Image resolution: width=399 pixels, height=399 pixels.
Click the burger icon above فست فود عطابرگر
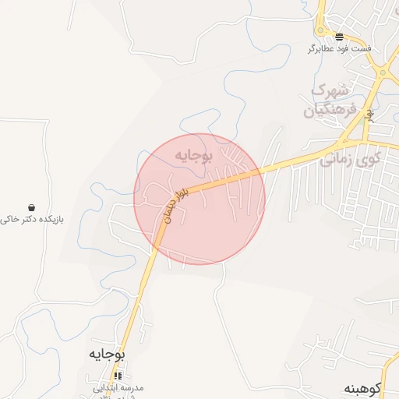pos(339,37)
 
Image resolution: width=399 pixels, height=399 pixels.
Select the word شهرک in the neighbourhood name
pos(330,90)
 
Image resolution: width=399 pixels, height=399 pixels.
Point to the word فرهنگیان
pos(330,110)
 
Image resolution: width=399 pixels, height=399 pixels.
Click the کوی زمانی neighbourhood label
pos(351,160)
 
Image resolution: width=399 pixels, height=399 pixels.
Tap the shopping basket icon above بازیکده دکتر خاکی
pos(31,208)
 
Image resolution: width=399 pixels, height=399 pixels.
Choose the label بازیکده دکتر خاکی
pos(31,220)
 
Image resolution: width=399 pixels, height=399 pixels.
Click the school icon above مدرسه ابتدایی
pos(118,376)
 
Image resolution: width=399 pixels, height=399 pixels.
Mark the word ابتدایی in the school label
pos(107,387)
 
